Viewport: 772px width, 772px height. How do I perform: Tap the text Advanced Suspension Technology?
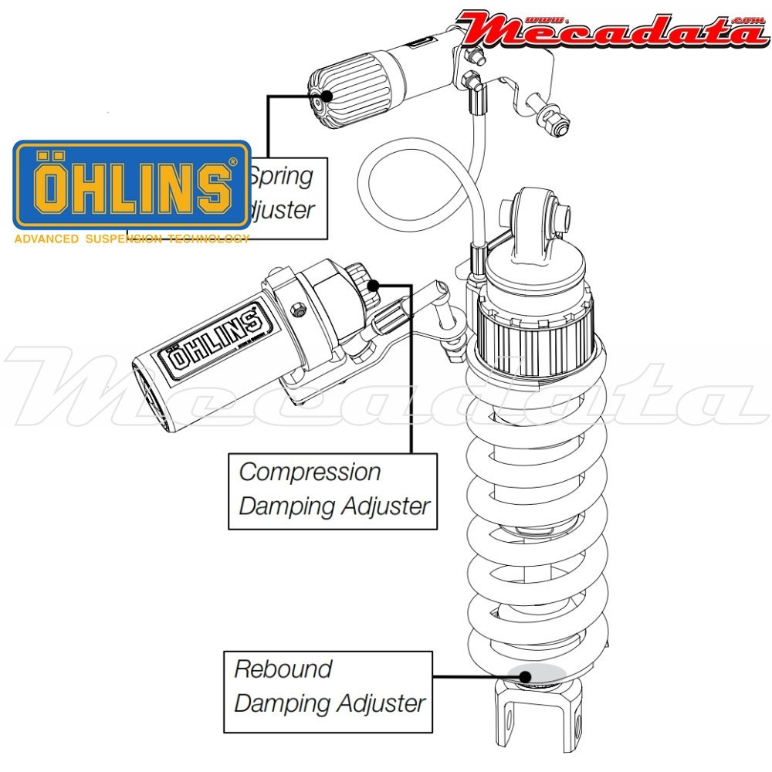131,239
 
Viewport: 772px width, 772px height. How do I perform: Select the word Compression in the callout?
310,472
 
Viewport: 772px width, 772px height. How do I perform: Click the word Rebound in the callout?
283,669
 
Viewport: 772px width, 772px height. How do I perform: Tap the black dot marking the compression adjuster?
372,285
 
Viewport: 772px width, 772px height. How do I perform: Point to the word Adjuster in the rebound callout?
378,703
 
